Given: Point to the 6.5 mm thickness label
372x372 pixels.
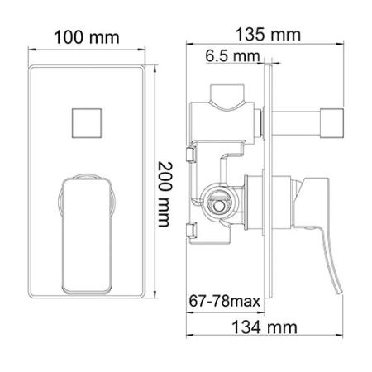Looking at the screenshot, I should (231, 56).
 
